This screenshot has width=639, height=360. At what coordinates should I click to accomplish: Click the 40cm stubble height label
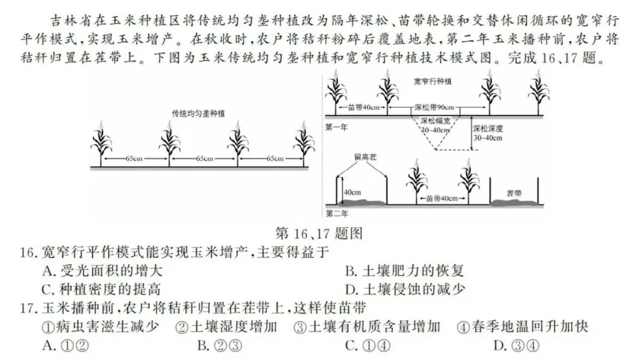[352, 192]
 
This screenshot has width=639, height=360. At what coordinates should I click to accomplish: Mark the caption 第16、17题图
[319, 233]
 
